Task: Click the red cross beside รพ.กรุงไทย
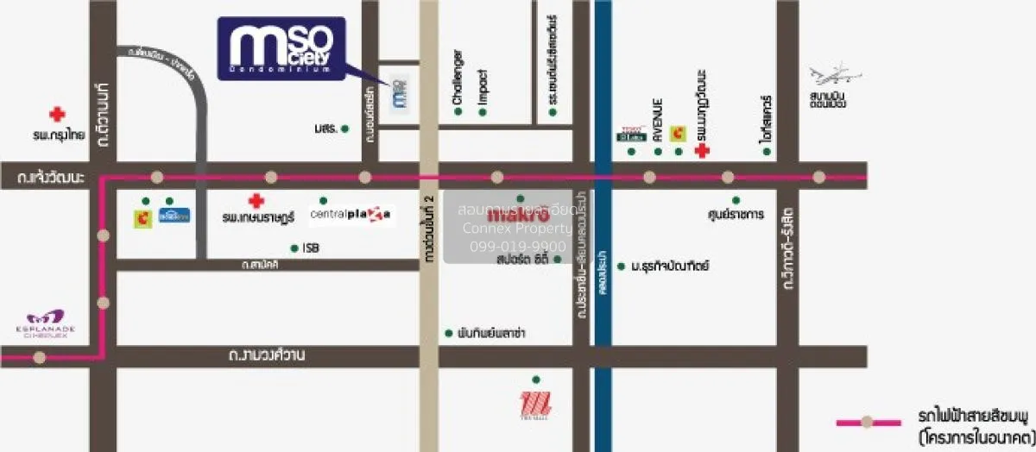click(57, 114)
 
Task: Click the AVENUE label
click(657, 120)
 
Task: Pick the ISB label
click(311, 248)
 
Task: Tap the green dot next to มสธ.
click(344, 129)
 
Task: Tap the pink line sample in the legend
click(868, 423)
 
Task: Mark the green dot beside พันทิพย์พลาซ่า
click(448, 333)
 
